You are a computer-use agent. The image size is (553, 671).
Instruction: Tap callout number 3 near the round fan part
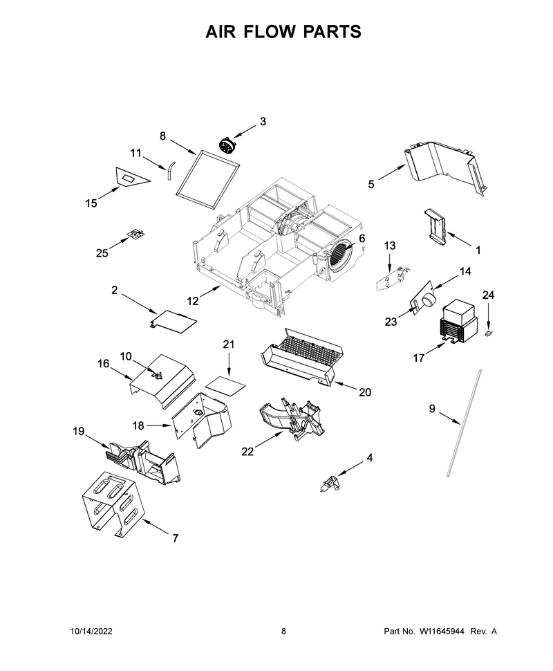263,122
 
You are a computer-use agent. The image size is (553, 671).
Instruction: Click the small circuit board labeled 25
136,233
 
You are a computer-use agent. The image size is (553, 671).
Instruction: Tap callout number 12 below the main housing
192,301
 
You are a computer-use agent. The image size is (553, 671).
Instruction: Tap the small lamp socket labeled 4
330,484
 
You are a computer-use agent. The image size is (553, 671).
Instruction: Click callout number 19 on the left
78,432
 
